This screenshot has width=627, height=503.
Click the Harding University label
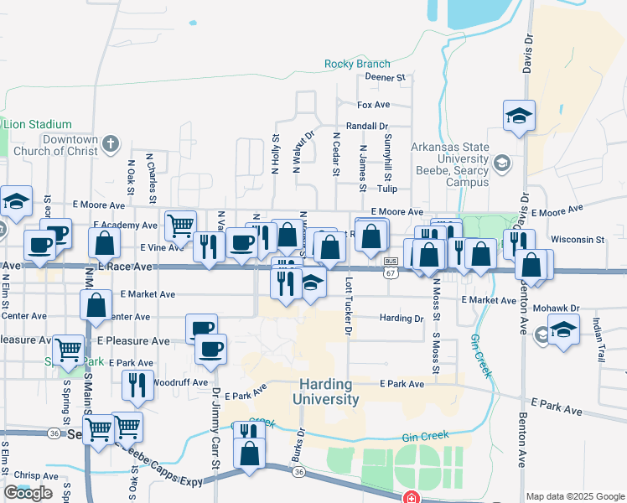(327, 392)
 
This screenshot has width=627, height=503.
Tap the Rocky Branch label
(357, 64)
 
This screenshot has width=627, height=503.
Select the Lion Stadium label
(37, 124)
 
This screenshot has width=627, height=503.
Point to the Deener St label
(385, 77)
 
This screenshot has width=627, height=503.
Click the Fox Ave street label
(374, 105)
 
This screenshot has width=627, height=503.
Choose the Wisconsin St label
(578, 240)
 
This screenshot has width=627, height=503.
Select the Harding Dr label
(402, 319)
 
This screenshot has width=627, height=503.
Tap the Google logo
(28, 493)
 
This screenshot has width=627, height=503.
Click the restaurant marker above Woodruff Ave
(138, 385)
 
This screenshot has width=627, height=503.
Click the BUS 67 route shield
(391, 267)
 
